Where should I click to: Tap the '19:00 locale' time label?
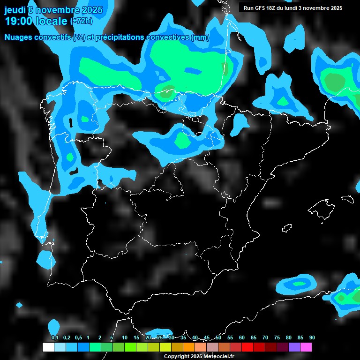tap(36, 21)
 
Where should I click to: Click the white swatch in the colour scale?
tap(48, 347)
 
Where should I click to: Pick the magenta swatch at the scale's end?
tap(306, 347)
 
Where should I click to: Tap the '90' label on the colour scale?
tap(312, 338)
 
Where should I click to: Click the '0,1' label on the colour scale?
tap(54, 338)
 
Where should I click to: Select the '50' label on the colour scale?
tap(218, 338)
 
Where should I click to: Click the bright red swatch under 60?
tap(247, 347)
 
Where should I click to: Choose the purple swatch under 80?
tap(294, 347)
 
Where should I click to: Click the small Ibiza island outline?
tap(287, 228)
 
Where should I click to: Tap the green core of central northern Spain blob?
tap(181, 140)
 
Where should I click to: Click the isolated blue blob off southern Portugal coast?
tap(45, 259)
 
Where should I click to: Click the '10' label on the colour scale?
tap(125, 338)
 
